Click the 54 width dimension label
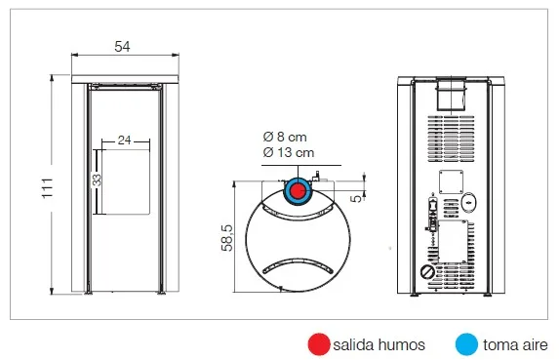coord(122,46)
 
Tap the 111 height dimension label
coord(48,188)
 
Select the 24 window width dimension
coord(125,140)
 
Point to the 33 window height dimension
coord(97,180)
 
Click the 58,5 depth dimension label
coord(227,238)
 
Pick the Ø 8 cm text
coord(285,137)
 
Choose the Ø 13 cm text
coord(289,152)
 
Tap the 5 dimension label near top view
coord(356,199)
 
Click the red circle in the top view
coord(297,191)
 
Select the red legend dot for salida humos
coord(319,344)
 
